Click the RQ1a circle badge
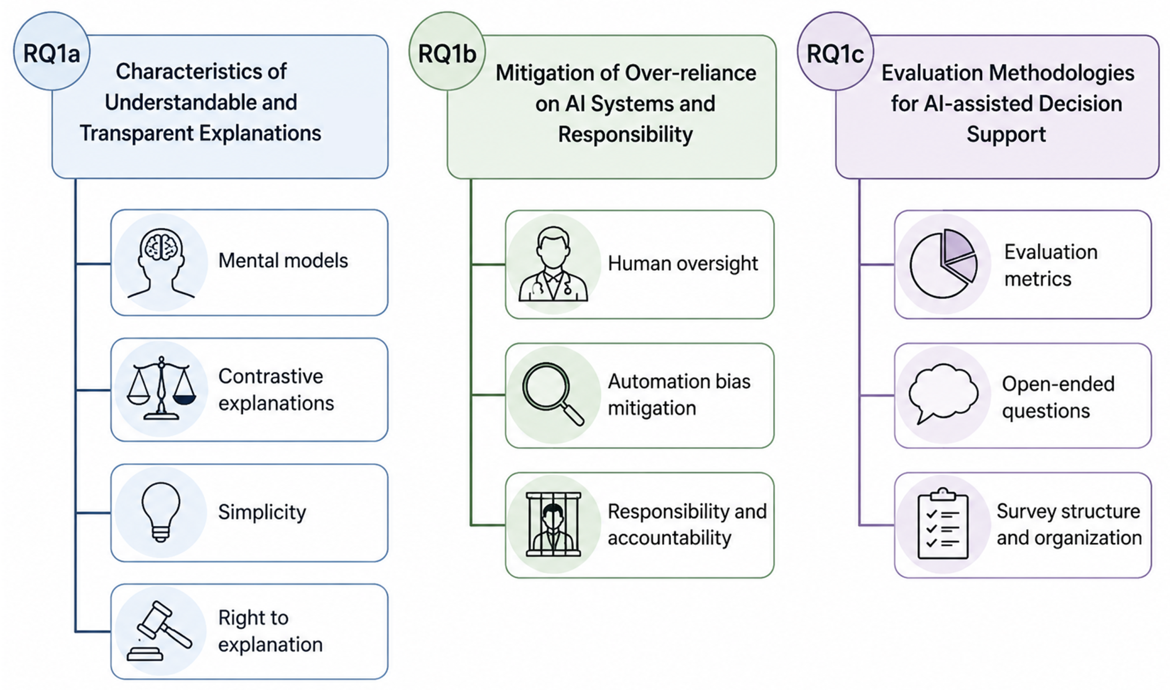pyautogui.click(x=51, y=51)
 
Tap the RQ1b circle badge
pyautogui.click(x=447, y=51)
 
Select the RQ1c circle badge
pyautogui.click(x=835, y=51)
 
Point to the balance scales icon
pyautogui.click(x=161, y=389)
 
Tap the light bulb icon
pyautogui.click(x=161, y=512)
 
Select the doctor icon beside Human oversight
pyautogui.click(x=553, y=264)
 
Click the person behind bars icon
pyautogui.click(x=553, y=524)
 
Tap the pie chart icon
pyautogui.click(x=943, y=264)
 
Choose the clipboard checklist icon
pyautogui.click(x=943, y=523)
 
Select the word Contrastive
pyautogui.click(x=271, y=376)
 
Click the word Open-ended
pyautogui.click(x=1059, y=384)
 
